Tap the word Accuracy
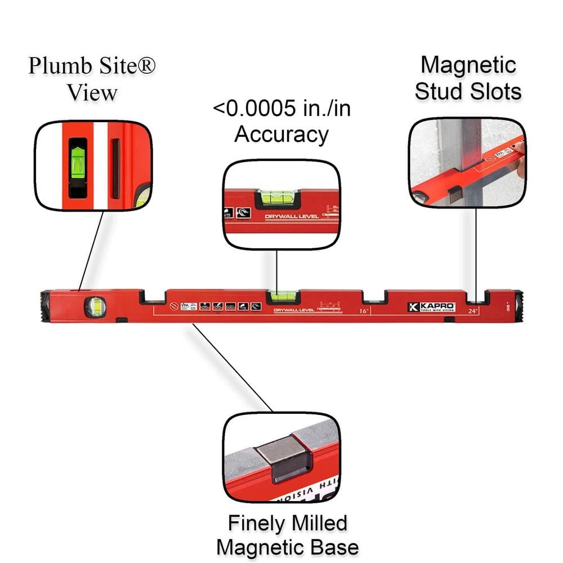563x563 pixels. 281,135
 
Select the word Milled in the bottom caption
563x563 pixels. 318,523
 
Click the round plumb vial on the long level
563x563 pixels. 95,307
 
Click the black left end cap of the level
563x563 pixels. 46,306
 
